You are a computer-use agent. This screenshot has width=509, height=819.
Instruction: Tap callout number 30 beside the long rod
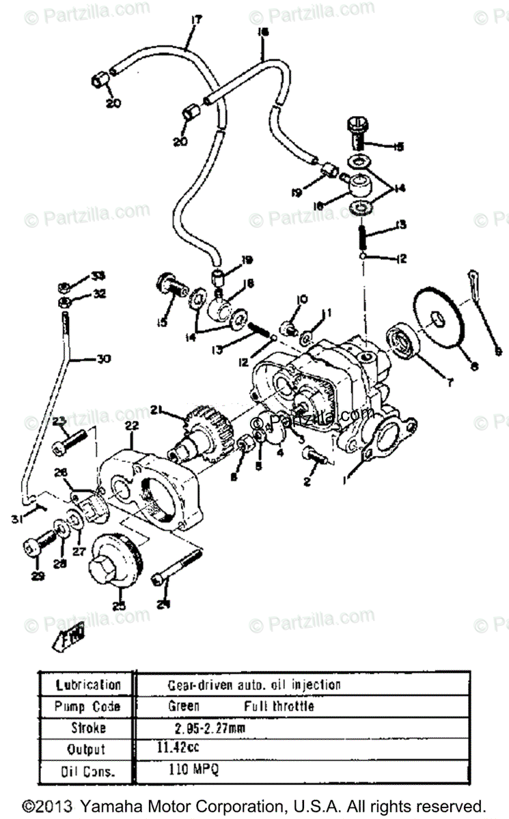[103, 358]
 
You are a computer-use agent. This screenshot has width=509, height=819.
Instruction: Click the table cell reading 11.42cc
[174, 747]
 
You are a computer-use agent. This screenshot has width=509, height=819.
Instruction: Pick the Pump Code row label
[87, 706]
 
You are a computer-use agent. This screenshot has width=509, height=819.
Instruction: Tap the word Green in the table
[184, 706]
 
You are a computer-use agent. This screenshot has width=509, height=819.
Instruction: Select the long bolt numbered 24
[177, 569]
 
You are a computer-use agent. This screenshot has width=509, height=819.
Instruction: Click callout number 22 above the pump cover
[131, 426]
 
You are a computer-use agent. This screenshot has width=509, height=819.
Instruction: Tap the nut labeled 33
[63, 287]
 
